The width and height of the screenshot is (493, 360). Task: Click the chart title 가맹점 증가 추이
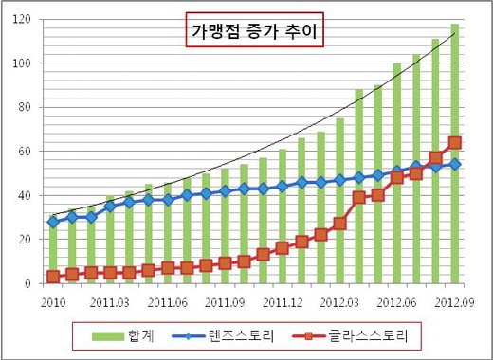252,34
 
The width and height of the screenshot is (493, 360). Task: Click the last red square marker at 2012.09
455,143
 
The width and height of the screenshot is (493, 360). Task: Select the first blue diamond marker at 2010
53,222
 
